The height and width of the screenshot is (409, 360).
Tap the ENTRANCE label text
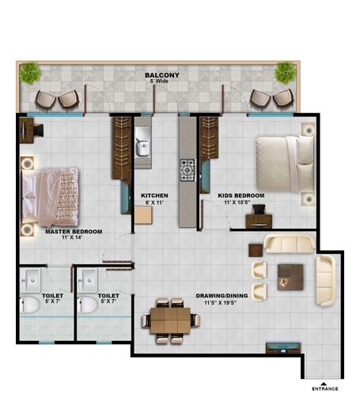(x=325, y=388)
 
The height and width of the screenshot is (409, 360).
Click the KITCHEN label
(x=154, y=195)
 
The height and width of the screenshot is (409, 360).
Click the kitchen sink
(x=143, y=145)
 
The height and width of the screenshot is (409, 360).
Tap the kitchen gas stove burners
(x=188, y=169)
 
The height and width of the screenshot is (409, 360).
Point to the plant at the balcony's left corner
(x=31, y=72)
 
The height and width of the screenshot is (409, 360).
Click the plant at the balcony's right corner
(x=286, y=73)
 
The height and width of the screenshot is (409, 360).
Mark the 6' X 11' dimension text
(x=153, y=203)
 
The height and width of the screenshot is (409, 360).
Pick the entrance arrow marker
(x=324, y=380)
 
